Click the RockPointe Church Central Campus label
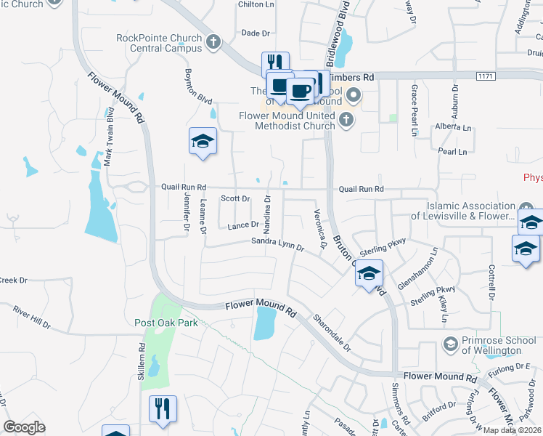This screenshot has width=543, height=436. coord(159,43)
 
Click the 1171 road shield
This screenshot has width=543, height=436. coord(485,76)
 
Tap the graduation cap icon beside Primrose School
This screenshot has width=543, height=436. coord(450,342)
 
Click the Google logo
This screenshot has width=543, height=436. coord(25,427)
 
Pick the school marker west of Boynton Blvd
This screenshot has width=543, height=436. coord(203,141)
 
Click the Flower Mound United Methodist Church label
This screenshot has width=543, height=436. coord(288,121)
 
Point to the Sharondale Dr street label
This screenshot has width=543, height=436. coord(332,332)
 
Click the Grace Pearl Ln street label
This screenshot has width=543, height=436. coord(415,110)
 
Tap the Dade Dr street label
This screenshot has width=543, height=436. coord(255,33)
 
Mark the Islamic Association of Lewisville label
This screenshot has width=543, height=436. coord(464,211)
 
